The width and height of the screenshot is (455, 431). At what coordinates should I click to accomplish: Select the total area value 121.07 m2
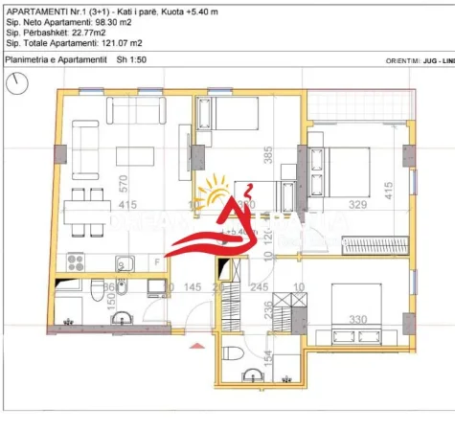[x=124, y=43]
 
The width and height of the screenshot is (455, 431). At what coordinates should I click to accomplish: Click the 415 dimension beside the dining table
[x=126, y=205]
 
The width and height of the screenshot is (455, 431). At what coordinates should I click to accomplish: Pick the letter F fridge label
[x=157, y=261]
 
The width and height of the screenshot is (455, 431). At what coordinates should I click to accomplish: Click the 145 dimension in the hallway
[x=193, y=286]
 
